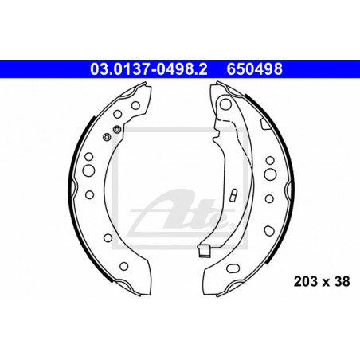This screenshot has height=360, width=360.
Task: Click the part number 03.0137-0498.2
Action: (x=149, y=69)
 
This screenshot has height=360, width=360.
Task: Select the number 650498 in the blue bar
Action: (x=255, y=69)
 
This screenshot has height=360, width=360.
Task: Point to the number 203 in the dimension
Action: (x=305, y=281)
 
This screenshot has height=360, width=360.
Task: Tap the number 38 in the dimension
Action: (x=342, y=281)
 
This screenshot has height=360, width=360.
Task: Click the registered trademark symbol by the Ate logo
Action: (x=232, y=226)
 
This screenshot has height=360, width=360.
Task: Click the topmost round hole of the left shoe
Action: (x=135, y=105)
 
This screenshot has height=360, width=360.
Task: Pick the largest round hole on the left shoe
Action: (x=88, y=170)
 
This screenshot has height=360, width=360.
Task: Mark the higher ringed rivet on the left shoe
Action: (x=117, y=130)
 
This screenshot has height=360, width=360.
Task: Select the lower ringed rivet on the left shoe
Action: (x=107, y=137)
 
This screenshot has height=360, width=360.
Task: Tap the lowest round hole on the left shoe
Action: (x=124, y=266)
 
